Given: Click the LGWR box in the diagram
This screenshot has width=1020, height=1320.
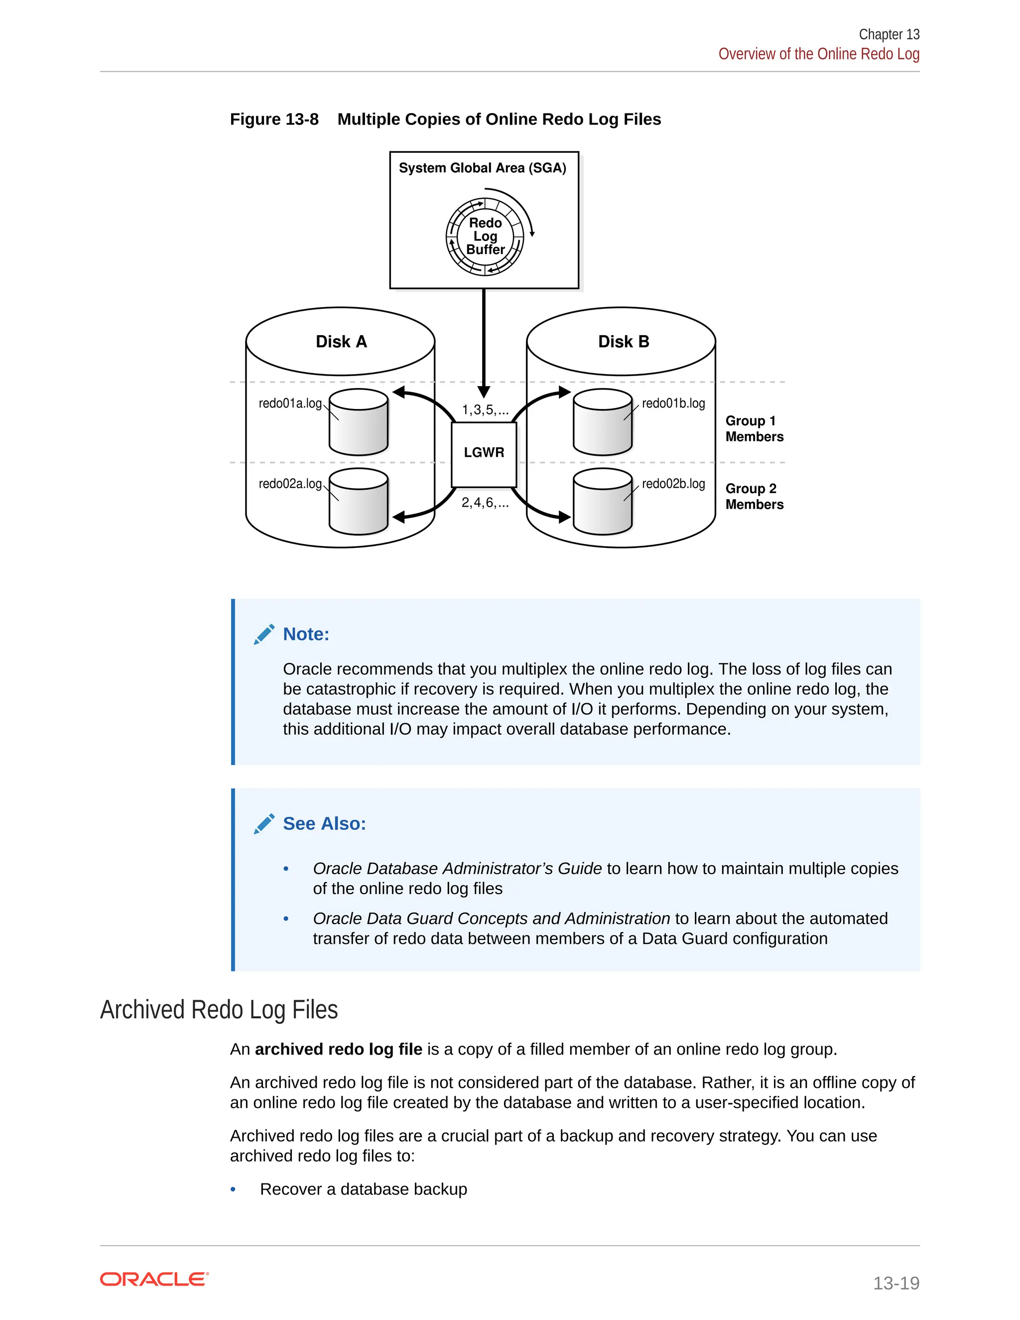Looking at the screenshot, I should tap(484, 454).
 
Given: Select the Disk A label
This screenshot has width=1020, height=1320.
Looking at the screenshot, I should tap(341, 342).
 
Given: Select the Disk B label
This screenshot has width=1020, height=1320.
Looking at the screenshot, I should tap(623, 342).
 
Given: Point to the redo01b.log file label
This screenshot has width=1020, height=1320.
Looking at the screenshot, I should tap(673, 403).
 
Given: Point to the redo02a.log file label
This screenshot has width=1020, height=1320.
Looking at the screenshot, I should tap(290, 484).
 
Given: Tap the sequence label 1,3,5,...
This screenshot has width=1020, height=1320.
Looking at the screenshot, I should tap(485, 410).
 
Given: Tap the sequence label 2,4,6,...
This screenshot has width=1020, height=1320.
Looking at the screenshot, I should tap(485, 503).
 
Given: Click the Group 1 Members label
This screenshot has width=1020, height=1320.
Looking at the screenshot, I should tap(754, 428).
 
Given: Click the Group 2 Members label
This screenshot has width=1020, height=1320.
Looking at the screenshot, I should tap(754, 496).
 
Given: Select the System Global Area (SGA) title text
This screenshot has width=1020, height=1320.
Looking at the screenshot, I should tap(482, 168).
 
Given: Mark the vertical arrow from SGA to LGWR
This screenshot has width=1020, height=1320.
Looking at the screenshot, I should tap(484, 342).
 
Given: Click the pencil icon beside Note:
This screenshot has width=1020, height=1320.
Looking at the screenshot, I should tap(264, 635).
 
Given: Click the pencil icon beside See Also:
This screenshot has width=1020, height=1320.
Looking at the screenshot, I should tap(264, 824).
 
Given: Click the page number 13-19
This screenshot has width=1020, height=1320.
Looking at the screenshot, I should tap(895, 1283).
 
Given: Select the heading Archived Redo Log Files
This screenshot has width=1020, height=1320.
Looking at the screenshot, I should tap(219, 1010).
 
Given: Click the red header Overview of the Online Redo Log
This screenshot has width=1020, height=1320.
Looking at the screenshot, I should tap(818, 54).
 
